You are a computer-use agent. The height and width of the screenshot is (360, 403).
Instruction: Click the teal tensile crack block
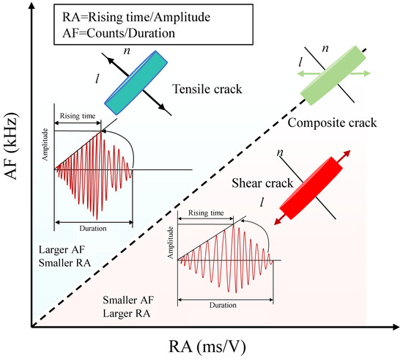point(136,83)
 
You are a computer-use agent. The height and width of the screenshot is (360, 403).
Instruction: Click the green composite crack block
point(333,76)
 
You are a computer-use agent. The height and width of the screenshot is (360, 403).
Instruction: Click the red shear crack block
point(311,188)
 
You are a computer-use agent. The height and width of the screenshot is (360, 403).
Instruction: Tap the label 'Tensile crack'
point(207,89)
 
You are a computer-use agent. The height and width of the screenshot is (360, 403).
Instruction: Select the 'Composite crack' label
point(332,122)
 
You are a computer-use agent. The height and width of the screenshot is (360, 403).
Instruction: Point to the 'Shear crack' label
point(262,183)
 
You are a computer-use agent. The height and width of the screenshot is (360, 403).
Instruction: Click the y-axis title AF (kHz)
point(11,146)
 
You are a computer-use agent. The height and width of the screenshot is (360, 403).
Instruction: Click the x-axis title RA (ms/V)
point(207,347)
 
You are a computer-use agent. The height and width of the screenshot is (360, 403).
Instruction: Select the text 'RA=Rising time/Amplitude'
point(136,17)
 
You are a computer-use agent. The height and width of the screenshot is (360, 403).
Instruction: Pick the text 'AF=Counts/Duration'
point(119,33)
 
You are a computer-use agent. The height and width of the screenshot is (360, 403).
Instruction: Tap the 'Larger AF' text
point(62,249)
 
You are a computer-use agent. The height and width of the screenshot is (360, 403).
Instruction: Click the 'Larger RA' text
point(127,314)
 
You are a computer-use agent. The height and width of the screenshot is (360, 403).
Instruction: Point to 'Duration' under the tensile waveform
point(93,228)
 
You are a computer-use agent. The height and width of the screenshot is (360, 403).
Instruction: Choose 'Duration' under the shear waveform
point(223,305)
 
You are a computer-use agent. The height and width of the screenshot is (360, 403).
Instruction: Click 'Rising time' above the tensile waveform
point(78,116)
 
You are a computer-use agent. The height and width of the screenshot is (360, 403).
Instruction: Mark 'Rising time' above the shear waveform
point(206,213)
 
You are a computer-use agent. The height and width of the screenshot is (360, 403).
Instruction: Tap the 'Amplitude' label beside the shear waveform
point(171,243)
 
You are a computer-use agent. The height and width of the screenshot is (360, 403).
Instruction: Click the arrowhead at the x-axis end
point(396,327)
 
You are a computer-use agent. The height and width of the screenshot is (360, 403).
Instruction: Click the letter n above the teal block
point(127,51)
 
